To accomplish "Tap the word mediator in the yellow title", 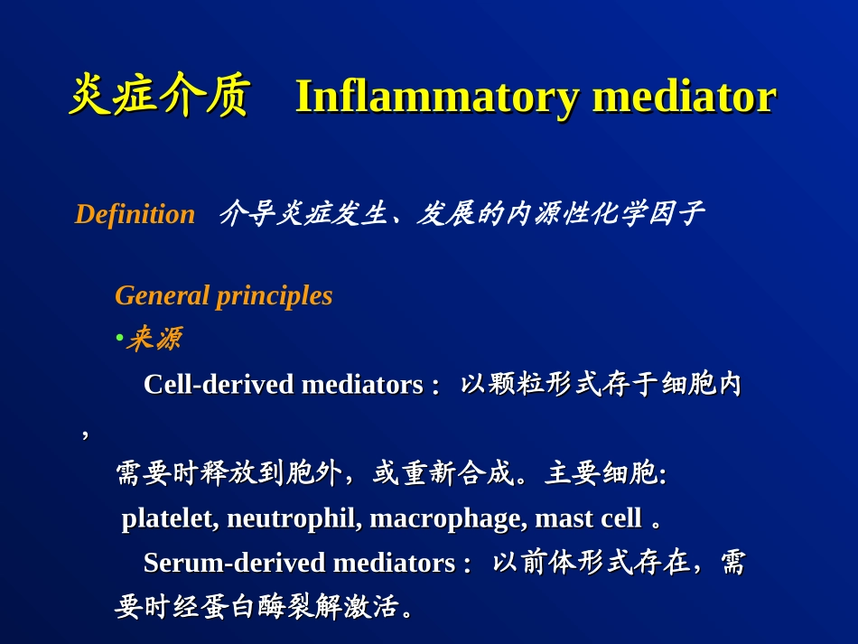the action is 685,97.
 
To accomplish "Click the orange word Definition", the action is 135,214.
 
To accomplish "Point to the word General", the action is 163,295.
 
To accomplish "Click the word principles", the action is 275,297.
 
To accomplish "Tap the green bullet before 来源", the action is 119,338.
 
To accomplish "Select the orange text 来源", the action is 154,338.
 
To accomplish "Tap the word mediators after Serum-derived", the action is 394,563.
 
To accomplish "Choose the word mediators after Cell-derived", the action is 362,384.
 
